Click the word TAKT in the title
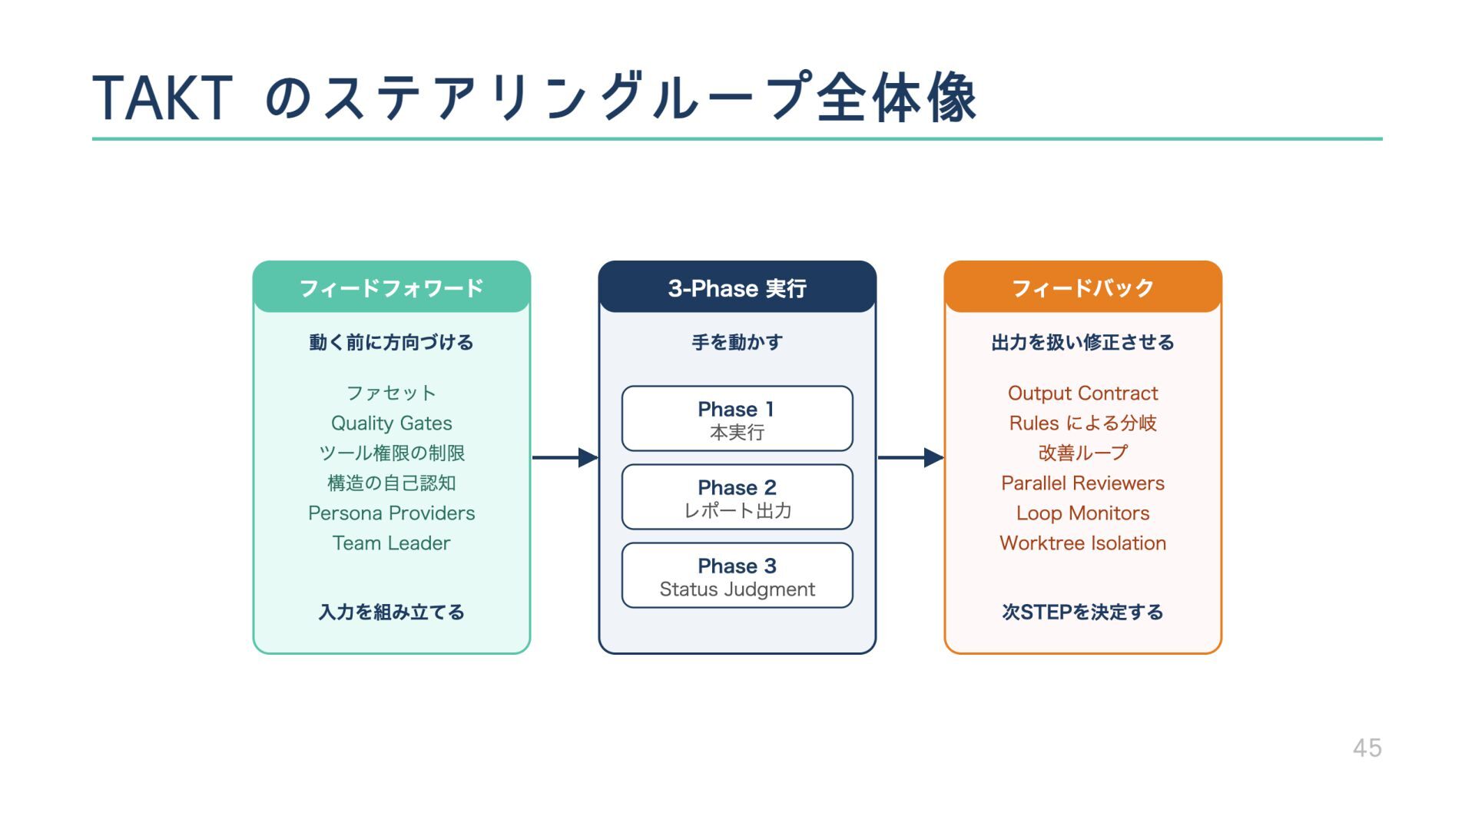(x=162, y=98)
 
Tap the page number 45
(x=1367, y=748)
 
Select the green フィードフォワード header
(x=392, y=287)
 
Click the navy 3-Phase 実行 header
(x=737, y=287)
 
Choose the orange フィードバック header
(x=1082, y=287)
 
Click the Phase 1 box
(x=737, y=419)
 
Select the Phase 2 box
(x=737, y=497)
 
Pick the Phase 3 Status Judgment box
(x=737, y=576)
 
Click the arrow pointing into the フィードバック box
(x=910, y=457)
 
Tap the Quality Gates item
(x=392, y=423)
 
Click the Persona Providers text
(x=392, y=513)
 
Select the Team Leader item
(x=392, y=543)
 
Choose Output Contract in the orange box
(x=1082, y=393)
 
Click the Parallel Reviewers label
(x=1082, y=483)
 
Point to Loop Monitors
(x=1082, y=513)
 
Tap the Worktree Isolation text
(x=1082, y=543)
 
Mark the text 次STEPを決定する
(x=1082, y=612)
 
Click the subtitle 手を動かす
(x=737, y=342)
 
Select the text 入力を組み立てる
(x=392, y=612)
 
